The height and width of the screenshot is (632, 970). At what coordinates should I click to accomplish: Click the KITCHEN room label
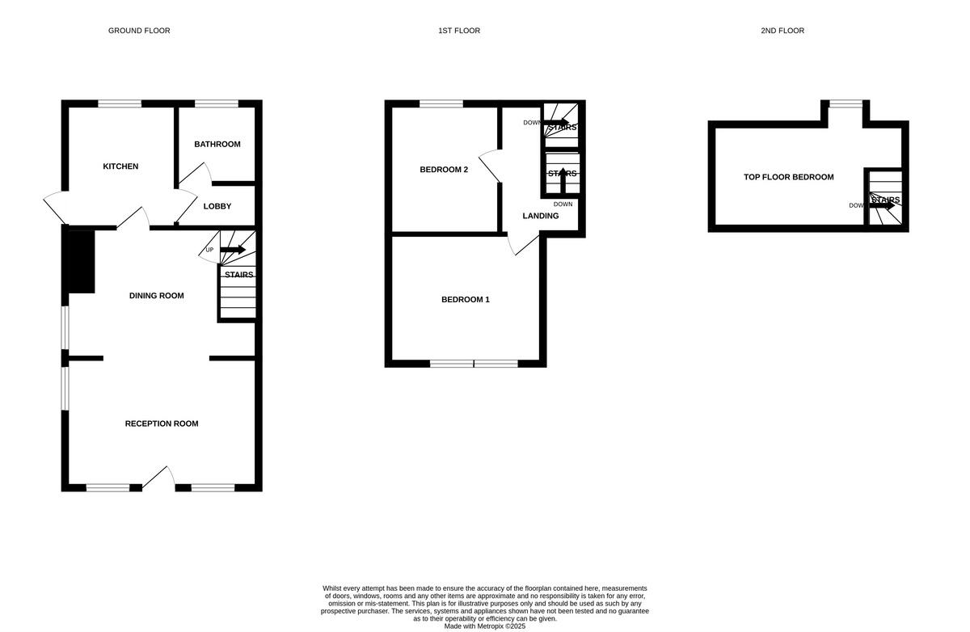(x=120, y=166)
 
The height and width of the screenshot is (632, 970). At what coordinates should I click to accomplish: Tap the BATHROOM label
(x=217, y=145)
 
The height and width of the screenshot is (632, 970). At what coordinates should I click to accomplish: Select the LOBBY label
(x=217, y=206)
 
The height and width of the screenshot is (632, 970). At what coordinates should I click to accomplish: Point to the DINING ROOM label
(x=156, y=296)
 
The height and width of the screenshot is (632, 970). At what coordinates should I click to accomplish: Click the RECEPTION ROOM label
(x=162, y=423)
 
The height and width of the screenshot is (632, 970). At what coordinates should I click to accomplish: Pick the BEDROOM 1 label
(x=465, y=300)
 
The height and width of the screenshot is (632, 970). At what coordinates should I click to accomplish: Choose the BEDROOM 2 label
(x=444, y=170)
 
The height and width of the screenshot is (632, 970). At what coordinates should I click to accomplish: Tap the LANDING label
(x=540, y=216)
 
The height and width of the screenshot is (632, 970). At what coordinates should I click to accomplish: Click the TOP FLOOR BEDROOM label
(x=788, y=177)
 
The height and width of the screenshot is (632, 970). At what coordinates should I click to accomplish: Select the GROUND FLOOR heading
(x=139, y=31)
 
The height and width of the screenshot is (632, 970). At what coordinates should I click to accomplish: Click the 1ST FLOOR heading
(x=459, y=31)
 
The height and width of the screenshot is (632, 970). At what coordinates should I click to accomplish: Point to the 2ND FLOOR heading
(x=782, y=31)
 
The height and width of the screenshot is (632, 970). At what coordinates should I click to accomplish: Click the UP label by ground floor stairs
(x=209, y=250)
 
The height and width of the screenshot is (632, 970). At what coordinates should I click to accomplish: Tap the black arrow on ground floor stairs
(x=233, y=250)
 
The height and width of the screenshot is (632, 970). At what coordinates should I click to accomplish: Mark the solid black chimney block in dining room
(x=81, y=261)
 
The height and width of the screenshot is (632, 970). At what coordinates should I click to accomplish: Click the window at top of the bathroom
(x=217, y=103)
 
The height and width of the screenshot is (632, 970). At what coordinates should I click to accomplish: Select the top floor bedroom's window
(x=846, y=103)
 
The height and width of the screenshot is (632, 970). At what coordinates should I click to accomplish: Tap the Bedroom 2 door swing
(x=489, y=166)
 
